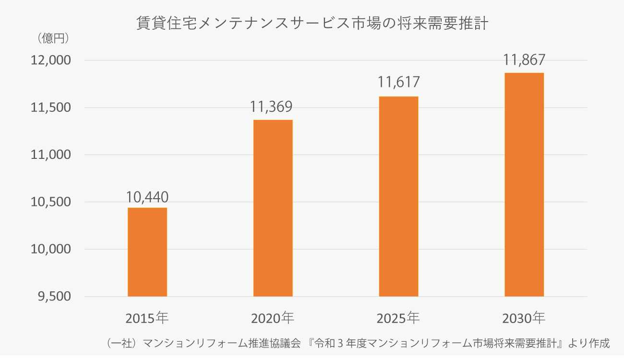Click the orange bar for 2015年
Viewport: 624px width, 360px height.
pos(147,252)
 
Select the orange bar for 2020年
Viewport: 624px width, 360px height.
pos(273,208)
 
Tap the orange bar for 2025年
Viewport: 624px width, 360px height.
pos(398,196)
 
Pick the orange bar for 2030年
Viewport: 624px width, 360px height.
pos(524,184)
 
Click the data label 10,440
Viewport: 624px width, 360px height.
pos(147,197)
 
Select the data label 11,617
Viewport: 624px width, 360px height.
pos(398,83)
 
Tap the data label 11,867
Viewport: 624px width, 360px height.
pos(524,60)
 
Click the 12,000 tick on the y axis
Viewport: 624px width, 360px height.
pos(50,60)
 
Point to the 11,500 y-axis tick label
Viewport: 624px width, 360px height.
pos(50,108)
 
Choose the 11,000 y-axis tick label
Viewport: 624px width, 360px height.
pos(50,155)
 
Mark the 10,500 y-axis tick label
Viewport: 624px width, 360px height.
pos(50,202)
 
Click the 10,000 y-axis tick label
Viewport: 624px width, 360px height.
pos(50,250)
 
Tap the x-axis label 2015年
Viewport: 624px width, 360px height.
pos(147,318)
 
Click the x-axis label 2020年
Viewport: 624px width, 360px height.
pos(273,318)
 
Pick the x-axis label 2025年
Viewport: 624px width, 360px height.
pos(398,318)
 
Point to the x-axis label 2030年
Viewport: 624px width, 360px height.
pos(524,318)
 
